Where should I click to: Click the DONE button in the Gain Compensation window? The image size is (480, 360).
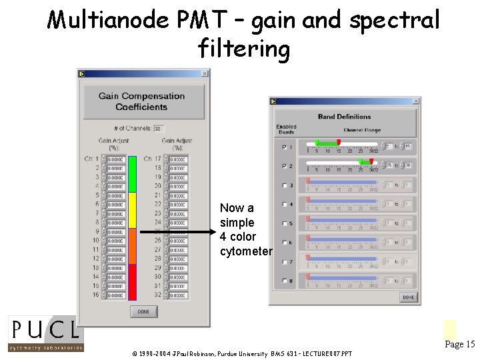click(x=143, y=311)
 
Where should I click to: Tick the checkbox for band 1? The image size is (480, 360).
click(x=284, y=147)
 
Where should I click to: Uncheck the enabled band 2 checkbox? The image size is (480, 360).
click(x=284, y=166)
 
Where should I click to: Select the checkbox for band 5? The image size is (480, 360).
click(x=284, y=223)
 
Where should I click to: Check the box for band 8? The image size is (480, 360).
click(x=284, y=280)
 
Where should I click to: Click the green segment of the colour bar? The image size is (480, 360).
click(x=132, y=174)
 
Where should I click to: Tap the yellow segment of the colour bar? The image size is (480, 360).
click(x=132, y=210)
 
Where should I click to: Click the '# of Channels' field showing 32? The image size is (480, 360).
click(x=159, y=128)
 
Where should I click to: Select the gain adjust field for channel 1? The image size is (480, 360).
click(x=115, y=160)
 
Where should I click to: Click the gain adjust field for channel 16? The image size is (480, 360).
click(x=115, y=295)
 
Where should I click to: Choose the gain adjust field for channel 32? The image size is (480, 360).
click(x=178, y=295)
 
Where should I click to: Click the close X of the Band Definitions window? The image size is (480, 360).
click(x=416, y=101)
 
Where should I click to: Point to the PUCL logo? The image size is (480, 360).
click(x=45, y=333)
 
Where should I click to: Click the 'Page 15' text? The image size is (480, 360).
click(x=459, y=345)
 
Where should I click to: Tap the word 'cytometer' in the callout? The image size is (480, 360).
click(x=246, y=252)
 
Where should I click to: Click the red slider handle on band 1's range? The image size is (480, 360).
click(x=339, y=142)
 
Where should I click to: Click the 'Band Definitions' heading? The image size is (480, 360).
click(x=344, y=117)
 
